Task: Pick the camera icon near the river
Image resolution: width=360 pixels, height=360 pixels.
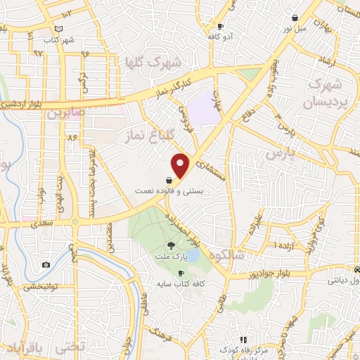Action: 46,265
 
